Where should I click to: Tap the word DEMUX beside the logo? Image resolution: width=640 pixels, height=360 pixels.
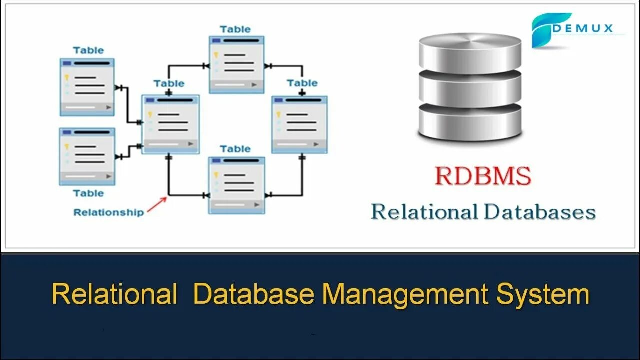(x=590, y=28)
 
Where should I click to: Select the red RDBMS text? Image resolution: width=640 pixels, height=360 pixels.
(x=482, y=176)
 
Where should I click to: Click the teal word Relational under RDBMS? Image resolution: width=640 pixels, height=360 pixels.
(x=424, y=212)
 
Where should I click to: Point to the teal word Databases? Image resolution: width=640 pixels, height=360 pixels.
(x=540, y=212)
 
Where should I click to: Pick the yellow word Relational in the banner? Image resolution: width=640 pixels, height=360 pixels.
(x=114, y=294)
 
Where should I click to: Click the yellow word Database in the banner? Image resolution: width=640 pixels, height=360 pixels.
(x=254, y=294)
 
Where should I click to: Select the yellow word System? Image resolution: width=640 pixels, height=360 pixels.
(x=543, y=294)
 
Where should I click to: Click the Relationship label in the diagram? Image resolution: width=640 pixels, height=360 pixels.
(x=108, y=212)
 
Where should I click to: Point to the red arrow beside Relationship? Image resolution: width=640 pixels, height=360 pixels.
(x=157, y=205)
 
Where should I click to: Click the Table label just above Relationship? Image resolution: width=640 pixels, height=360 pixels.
(x=88, y=193)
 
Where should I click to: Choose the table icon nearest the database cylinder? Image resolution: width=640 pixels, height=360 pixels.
(x=299, y=124)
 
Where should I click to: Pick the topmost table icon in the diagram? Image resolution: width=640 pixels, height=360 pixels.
(x=236, y=64)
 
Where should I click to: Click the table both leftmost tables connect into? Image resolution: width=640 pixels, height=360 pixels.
(x=171, y=124)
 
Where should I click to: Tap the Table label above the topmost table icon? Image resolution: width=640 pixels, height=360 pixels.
(x=235, y=29)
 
